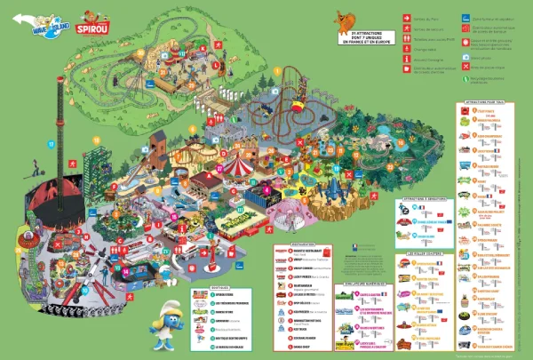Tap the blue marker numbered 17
pyautogui.click(x=52, y=144)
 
